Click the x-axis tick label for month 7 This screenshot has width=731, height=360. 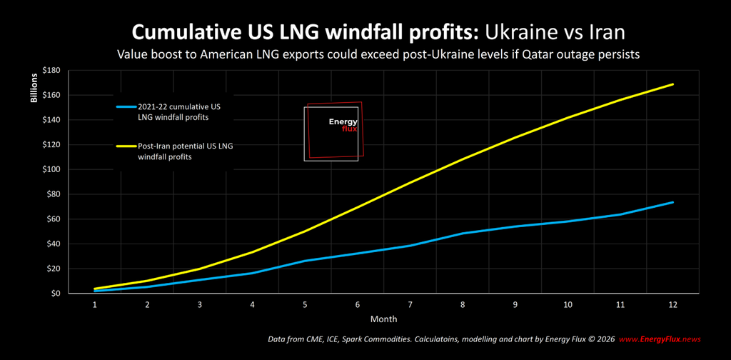point(410,304)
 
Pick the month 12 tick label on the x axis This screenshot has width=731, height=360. point(672,304)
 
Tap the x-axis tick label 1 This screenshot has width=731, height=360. point(94,304)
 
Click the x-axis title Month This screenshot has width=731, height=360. point(383,319)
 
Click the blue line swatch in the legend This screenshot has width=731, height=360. point(126,107)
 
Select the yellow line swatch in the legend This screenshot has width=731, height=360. point(126,146)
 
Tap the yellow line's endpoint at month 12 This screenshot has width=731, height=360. point(672,84)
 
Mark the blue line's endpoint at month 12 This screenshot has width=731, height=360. point(672,202)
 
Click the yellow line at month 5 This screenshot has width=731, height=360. point(305,231)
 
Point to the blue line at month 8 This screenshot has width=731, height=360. point(463,234)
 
